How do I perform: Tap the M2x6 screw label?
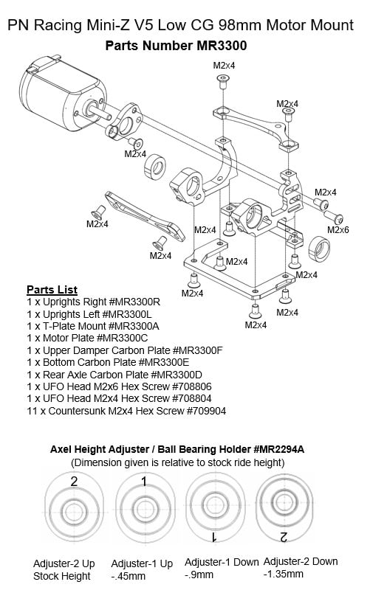coord(338,230)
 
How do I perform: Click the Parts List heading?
coord(52,289)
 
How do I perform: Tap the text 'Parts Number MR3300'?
coord(176,46)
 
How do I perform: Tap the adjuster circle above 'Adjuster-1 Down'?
coord(215,510)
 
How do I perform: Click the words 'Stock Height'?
coord(62,575)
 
